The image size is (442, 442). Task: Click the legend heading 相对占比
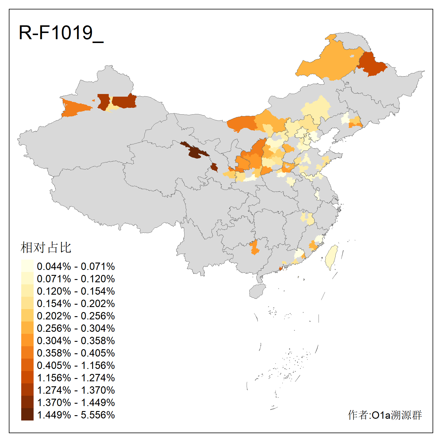tap(46, 248)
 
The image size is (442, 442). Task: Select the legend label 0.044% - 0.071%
tap(76, 266)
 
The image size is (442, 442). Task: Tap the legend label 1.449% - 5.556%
tap(76, 415)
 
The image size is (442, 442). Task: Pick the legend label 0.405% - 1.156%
tap(76, 365)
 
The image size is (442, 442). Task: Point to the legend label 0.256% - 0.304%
tap(76, 328)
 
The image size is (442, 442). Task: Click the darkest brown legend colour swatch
tap(27, 414)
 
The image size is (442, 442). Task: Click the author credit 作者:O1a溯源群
tap(385, 415)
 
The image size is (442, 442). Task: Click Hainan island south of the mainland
tap(257, 291)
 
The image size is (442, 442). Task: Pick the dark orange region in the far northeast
tap(371, 64)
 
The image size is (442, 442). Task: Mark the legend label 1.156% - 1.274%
tap(76, 378)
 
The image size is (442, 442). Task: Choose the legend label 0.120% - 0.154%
tap(76, 291)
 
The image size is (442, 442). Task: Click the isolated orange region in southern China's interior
tap(254, 247)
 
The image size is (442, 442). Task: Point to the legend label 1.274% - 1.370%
tap(76, 390)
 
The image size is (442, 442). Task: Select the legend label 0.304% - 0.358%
tap(76, 341)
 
